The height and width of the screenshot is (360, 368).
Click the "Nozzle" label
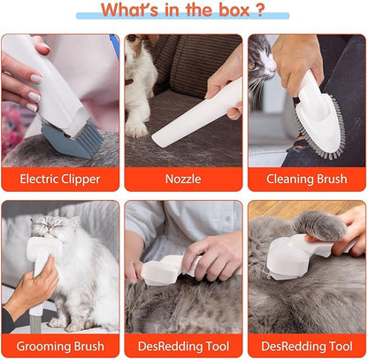click(x=183, y=179)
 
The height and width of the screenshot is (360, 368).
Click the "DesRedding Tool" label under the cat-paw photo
click(x=306, y=345)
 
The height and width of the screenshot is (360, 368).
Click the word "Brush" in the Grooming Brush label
click(x=87, y=345)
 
